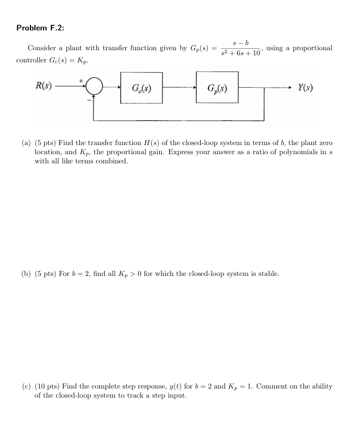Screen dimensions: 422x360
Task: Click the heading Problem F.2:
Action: (x=41, y=28)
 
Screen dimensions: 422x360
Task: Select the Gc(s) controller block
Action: (x=141, y=88)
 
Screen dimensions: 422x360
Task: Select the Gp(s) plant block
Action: (x=217, y=88)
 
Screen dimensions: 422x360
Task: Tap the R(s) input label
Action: (x=43, y=86)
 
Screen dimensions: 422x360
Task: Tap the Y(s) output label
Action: (x=305, y=87)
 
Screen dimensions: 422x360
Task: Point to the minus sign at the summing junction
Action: (x=89, y=100)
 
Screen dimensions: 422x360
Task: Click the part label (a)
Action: (x=26, y=143)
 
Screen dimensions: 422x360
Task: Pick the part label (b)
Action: (x=26, y=274)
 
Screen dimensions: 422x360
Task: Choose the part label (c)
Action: (x=26, y=386)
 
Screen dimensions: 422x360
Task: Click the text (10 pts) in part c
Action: (x=47, y=386)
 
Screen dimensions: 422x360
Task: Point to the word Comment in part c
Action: (x=271, y=386)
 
